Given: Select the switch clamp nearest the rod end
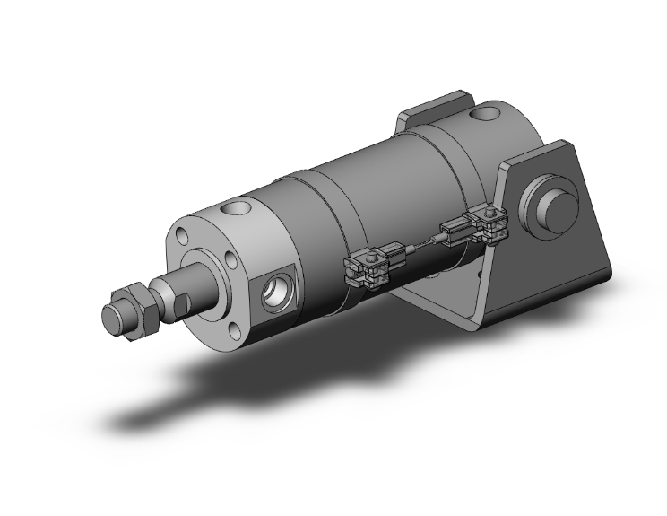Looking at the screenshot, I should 368,268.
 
